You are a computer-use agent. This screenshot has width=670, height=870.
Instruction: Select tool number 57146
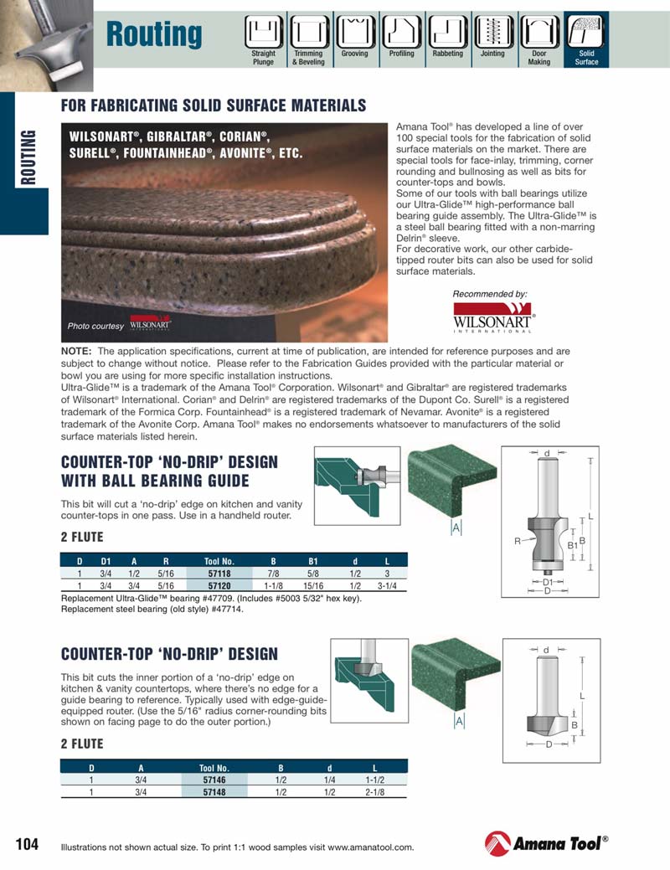click(214, 780)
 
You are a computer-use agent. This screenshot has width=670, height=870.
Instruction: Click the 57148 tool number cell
click(214, 791)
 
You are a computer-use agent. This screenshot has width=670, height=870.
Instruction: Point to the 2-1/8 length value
click(374, 791)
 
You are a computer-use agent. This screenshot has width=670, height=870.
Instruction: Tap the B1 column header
click(313, 561)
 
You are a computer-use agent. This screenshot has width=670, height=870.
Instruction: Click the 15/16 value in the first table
click(313, 586)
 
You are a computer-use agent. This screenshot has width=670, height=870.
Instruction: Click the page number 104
click(28, 843)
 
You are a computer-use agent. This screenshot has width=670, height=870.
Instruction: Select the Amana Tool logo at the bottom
click(546, 843)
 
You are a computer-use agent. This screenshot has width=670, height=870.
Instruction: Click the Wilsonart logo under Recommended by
click(493, 320)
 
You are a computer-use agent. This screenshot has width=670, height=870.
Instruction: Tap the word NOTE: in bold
click(77, 352)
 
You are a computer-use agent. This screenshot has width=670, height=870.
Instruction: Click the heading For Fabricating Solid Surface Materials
click(214, 106)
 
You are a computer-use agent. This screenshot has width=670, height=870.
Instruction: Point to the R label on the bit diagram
click(518, 542)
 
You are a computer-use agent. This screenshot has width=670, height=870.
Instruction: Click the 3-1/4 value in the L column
click(387, 586)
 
